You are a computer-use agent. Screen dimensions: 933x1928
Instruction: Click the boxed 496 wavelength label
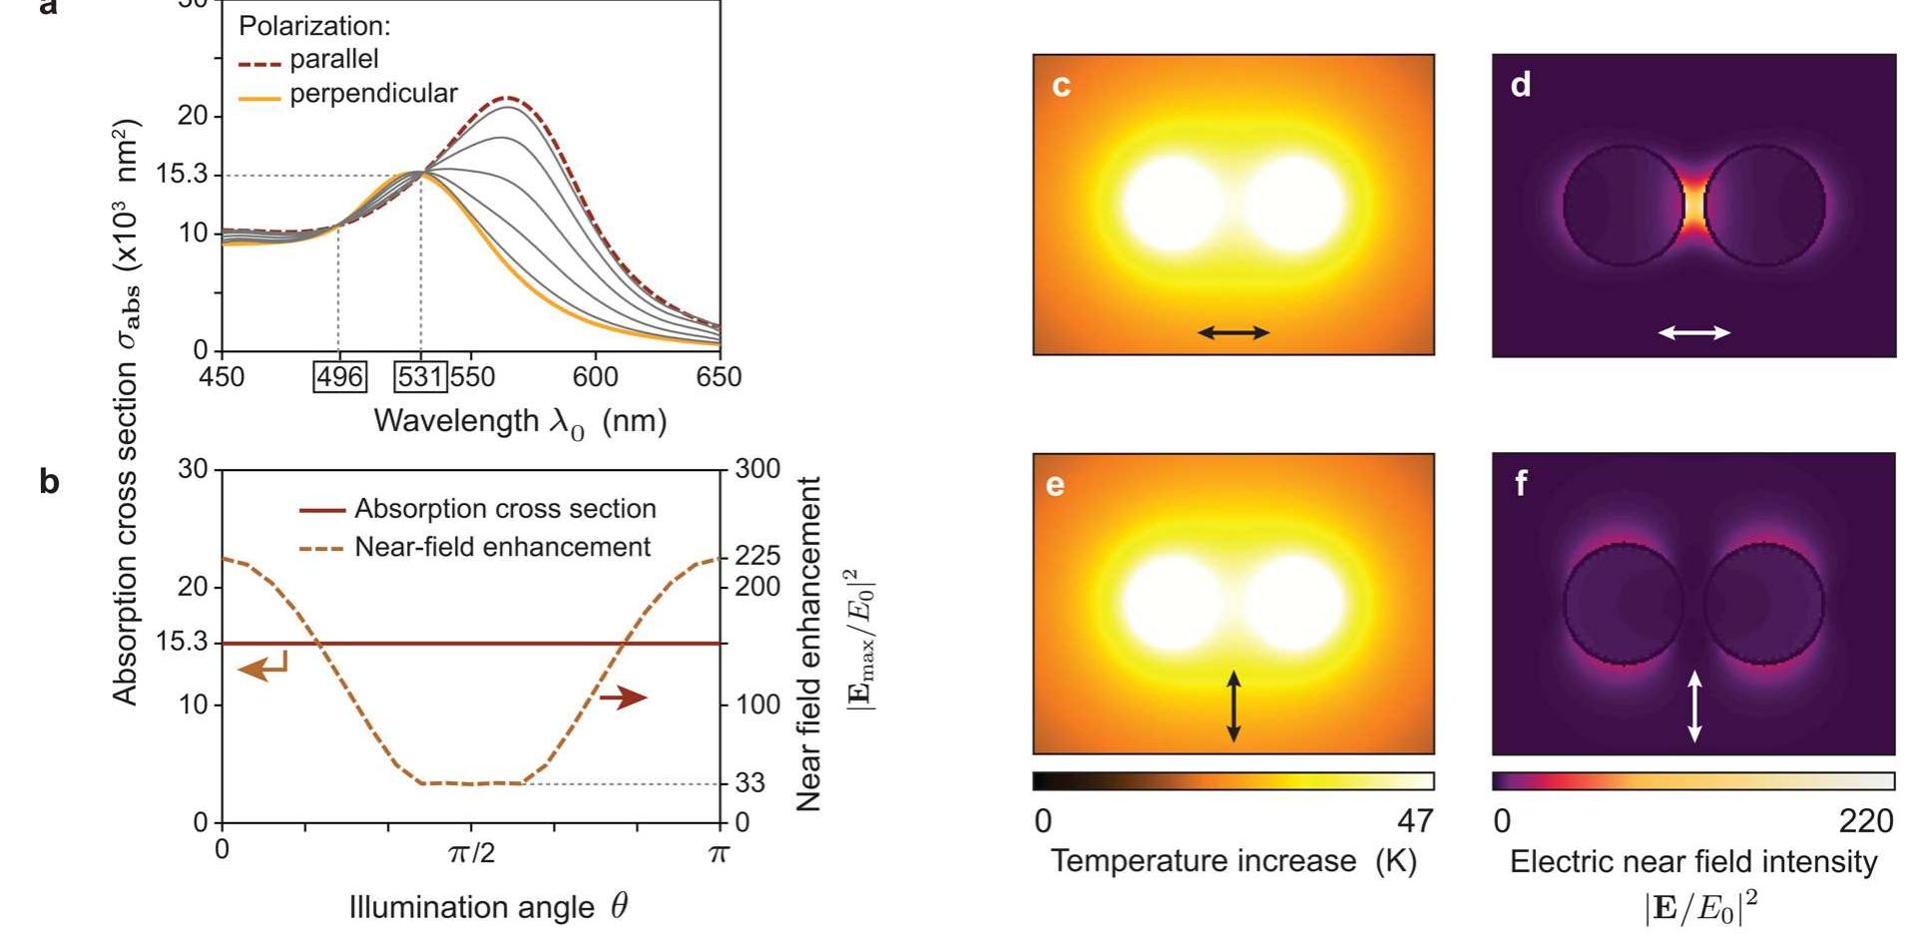(339, 377)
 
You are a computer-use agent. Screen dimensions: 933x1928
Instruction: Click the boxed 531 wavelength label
(420, 377)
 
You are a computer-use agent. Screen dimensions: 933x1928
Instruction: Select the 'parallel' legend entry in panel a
(333, 60)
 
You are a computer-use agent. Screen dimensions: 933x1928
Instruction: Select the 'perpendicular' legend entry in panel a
(372, 94)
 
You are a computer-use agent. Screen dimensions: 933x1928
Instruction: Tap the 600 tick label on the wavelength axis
(596, 377)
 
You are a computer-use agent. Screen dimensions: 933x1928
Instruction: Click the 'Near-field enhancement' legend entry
(502, 547)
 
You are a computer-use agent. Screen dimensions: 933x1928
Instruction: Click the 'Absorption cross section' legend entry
(505, 509)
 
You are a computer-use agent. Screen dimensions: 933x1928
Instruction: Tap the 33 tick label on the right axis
(750, 783)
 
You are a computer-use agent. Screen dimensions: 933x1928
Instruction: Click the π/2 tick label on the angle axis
(471, 853)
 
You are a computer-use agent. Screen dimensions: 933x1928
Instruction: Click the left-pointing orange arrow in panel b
(262, 667)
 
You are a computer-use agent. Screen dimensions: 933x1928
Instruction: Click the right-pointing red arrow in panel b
(624, 698)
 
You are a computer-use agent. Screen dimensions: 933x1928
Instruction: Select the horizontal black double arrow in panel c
(1233, 332)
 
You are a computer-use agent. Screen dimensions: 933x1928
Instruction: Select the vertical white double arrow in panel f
(1694, 706)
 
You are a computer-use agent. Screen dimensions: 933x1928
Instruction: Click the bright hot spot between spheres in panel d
(1694, 206)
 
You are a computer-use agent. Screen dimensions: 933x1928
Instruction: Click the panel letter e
(1055, 485)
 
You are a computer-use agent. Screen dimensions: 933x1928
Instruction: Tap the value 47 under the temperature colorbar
(1415, 821)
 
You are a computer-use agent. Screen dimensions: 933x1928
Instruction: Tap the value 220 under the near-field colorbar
(1865, 821)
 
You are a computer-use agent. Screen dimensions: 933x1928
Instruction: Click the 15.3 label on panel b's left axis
(182, 642)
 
